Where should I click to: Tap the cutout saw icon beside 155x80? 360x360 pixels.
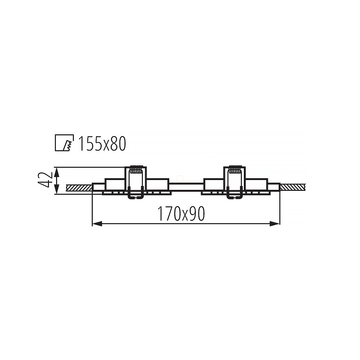pos(64,143)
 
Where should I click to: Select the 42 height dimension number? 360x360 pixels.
pos(45,180)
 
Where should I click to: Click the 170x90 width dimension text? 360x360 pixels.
pos(181,214)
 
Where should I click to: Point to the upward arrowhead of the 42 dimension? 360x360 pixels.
pos(57,172)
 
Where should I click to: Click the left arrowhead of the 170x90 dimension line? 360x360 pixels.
pos(97,223)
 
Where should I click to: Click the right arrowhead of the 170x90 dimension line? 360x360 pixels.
pos(275,223)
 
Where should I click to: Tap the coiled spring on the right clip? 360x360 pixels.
pos(235,169)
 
